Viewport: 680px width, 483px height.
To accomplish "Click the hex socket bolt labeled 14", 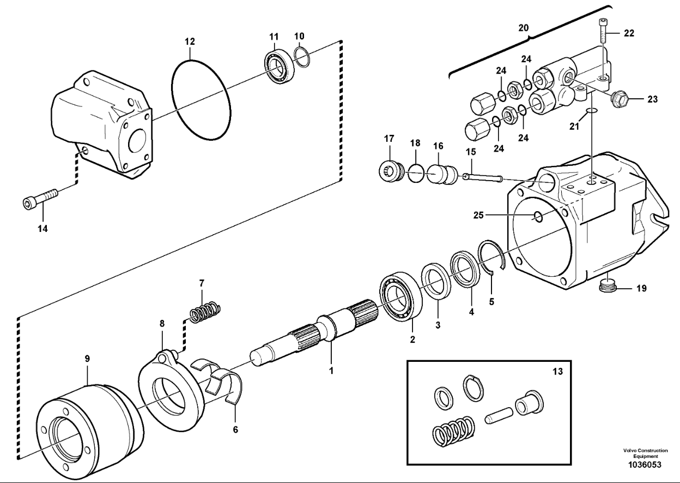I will tap(41, 199).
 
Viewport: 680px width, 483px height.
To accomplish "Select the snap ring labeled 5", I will tap(492, 257).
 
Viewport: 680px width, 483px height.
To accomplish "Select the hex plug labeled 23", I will tap(620, 99).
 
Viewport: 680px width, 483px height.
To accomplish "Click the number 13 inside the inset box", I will tap(556, 371).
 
